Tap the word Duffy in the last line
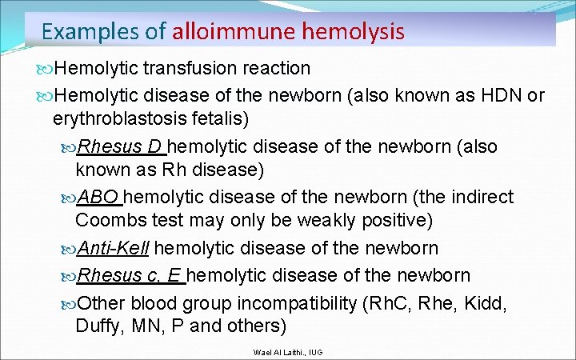pos(97,326)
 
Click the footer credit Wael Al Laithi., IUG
pos(288,352)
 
